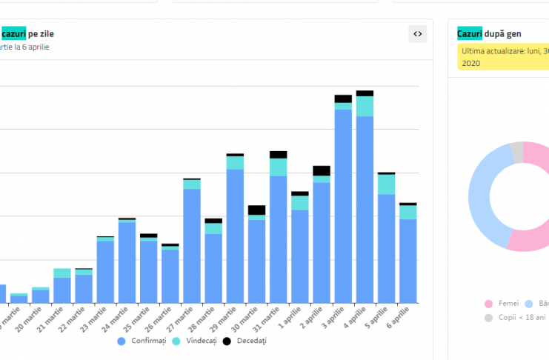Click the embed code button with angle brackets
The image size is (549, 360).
tap(418, 33)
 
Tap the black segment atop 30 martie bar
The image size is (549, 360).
tap(256, 210)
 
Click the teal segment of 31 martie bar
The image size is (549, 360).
tap(278, 167)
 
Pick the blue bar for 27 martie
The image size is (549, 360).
tap(192, 245)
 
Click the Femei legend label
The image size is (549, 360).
tap(508, 304)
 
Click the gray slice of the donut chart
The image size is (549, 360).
tap(516, 152)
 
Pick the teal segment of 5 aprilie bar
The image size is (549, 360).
tap(386, 184)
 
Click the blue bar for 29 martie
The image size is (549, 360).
tap(235, 236)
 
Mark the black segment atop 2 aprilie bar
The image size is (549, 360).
tap(322, 170)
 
